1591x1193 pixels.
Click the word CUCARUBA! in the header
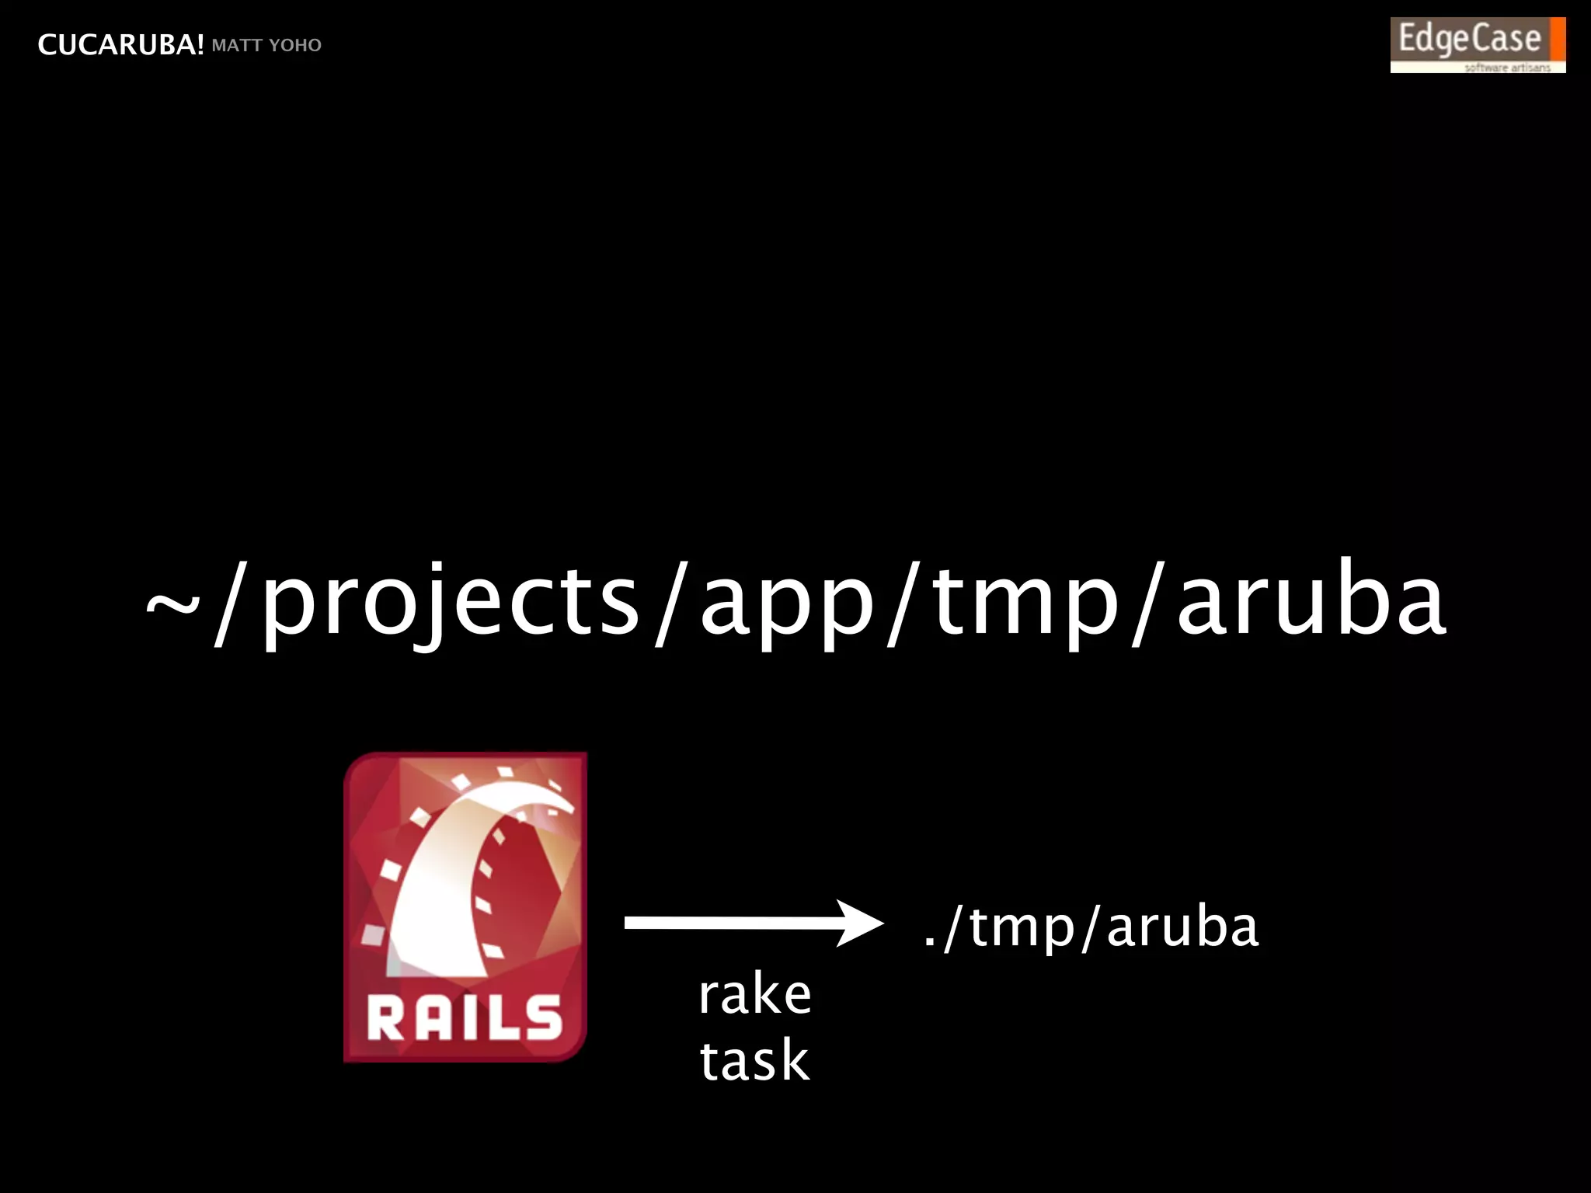coord(120,45)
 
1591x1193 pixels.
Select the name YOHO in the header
coord(294,45)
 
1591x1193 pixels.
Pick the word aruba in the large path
coord(1311,600)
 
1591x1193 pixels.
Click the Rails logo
coord(465,906)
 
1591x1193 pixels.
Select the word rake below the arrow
coord(754,994)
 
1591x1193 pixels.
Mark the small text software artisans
coord(1507,68)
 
